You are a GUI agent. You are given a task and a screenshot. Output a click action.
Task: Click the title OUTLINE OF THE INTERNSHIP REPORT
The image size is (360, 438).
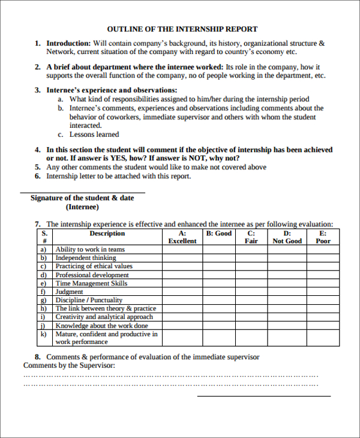point(182,29)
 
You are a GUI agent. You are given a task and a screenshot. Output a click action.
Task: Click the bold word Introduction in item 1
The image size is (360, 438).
point(68,43)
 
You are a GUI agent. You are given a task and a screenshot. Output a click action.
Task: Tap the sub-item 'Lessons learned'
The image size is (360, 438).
point(94,134)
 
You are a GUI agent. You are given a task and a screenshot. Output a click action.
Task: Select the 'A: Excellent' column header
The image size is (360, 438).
point(182,237)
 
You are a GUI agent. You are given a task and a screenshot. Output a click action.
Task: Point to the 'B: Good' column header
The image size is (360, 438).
point(218,233)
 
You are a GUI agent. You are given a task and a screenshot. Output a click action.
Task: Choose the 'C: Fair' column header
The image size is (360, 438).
point(251,237)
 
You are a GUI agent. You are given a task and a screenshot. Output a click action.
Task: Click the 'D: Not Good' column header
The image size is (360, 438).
point(287,237)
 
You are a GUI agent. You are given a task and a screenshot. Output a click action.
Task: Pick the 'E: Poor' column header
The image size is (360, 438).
point(323,237)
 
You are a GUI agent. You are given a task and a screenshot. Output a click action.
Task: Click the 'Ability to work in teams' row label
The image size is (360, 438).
point(90,249)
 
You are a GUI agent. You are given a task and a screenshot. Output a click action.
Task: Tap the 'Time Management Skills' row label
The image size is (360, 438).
point(91,283)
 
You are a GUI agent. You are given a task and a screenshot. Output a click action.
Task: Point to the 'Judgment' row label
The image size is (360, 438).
point(69,292)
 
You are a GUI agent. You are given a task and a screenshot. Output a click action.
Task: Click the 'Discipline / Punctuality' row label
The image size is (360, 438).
point(89,300)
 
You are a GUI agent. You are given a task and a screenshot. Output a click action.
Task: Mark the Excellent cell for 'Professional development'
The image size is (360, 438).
point(182,275)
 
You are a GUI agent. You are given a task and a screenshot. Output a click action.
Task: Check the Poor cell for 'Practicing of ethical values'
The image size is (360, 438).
point(323,266)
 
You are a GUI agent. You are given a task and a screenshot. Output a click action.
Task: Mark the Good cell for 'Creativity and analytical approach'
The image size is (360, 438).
point(218,317)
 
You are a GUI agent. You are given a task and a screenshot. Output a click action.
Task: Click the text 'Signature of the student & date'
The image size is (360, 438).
point(82,198)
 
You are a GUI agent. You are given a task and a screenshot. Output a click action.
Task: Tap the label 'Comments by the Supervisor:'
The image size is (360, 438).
point(69,365)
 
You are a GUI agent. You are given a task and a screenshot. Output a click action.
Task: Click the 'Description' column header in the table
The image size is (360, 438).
point(107,233)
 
